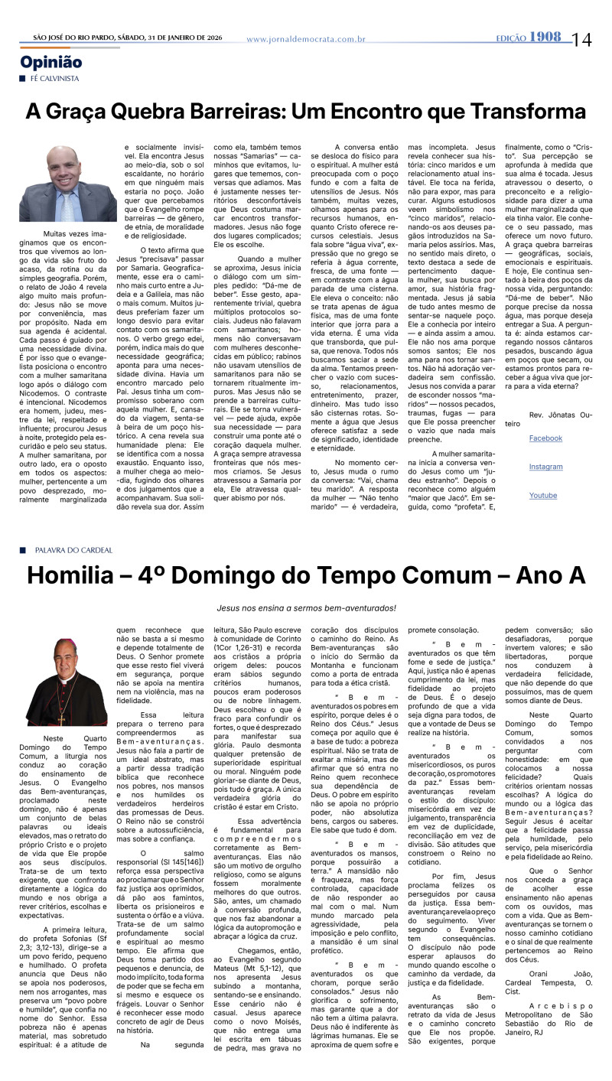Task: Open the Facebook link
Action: tap(545, 438)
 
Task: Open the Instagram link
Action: tap(545, 467)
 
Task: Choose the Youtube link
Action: tap(543, 496)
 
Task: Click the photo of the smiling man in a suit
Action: tap(67, 184)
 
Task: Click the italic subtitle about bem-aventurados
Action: tap(306, 608)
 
